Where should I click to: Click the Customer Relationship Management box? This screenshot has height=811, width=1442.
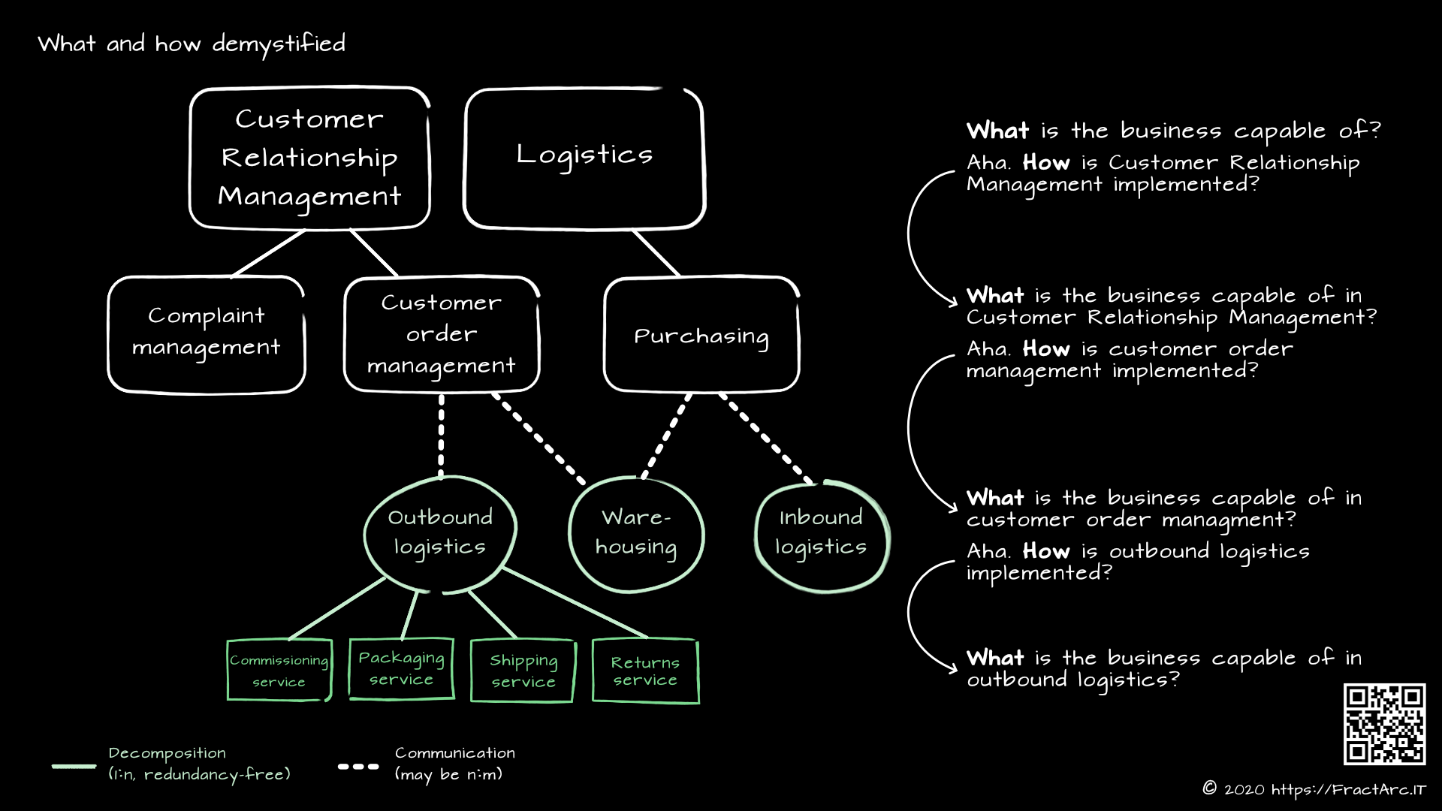(x=309, y=158)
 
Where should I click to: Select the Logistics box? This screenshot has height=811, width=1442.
(x=584, y=158)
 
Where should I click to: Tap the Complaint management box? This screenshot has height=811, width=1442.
(x=207, y=334)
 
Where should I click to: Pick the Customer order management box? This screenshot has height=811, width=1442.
(x=442, y=334)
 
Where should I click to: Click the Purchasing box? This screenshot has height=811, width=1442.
(x=701, y=334)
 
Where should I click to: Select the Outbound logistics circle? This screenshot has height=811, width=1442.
(x=440, y=533)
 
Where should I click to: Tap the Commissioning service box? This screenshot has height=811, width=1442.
(x=279, y=670)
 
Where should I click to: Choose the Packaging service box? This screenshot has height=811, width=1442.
(x=401, y=668)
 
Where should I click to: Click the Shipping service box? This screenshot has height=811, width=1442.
(x=523, y=671)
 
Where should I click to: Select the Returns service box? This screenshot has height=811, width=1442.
(x=645, y=671)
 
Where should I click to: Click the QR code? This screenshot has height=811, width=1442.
(x=1384, y=724)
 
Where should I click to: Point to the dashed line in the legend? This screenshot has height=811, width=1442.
(x=358, y=767)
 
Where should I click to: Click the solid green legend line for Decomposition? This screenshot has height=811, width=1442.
(x=74, y=767)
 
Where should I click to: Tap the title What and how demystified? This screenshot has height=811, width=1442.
(x=192, y=44)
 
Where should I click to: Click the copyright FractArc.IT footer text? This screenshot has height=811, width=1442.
(x=1314, y=789)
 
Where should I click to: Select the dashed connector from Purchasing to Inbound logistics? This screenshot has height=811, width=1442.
(x=766, y=438)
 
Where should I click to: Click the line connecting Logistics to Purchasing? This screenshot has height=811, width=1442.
(x=656, y=253)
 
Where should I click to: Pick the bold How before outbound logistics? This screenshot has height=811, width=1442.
(x=1045, y=551)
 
